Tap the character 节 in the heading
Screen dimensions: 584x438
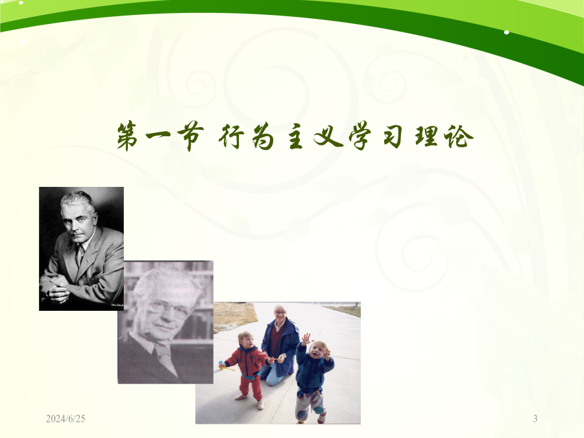pyautogui.click(x=190, y=137)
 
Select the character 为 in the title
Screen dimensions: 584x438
pyautogui.click(x=263, y=137)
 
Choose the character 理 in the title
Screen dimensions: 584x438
pyautogui.click(x=426, y=136)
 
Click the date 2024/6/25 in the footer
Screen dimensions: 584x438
pyautogui.click(x=66, y=419)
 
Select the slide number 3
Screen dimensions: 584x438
pyautogui.click(x=535, y=419)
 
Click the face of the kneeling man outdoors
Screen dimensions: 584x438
pyautogui.click(x=280, y=315)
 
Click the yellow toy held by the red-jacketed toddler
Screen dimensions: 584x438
pyautogui.click(x=226, y=367)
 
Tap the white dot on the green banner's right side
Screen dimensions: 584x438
pyautogui.click(x=507, y=32)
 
